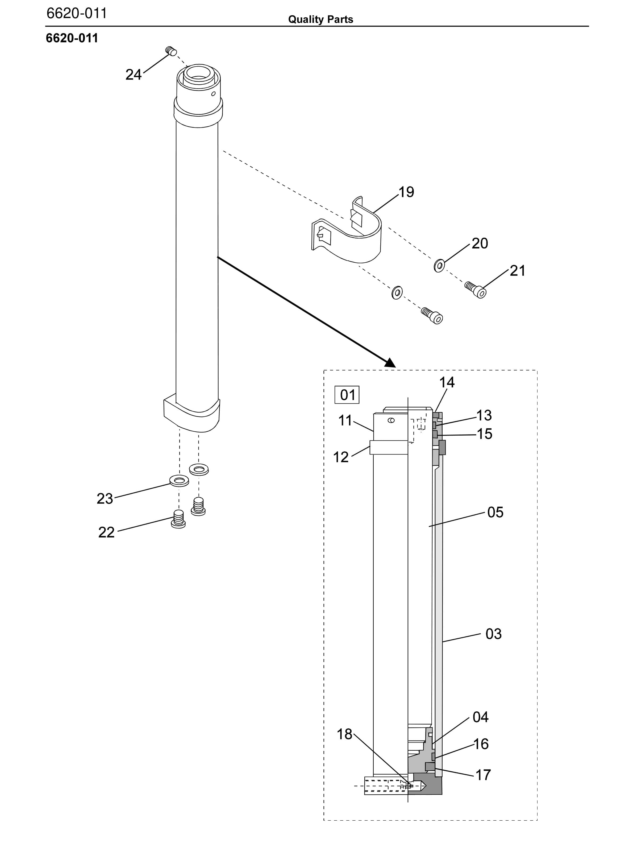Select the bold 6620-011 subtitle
click(72, 38)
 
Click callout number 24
click(133, 75)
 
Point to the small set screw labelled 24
click(171, 51)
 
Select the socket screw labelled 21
click(476, 290)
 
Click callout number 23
click(105, 498)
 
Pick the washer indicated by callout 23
click(179, 481)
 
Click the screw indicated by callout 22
click(178, 519)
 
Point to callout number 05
click(495, 512)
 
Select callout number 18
click(344, 734)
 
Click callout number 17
click(483, 775)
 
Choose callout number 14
click(447, 382)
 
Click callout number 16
click(481, 744)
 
